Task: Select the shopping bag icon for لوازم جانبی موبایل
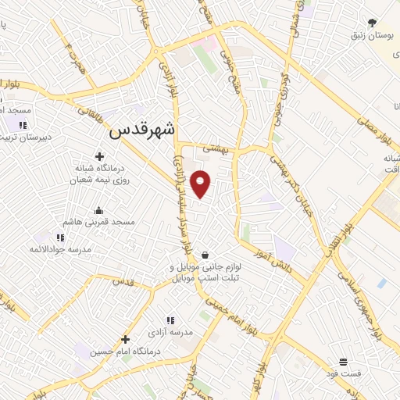[x=205, y=254]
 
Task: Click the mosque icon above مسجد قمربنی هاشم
[x=99, y=209]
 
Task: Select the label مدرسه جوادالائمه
[x=60, y=249]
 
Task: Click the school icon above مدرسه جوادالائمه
[x=60, y=237]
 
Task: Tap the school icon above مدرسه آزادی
[x=170, y=320]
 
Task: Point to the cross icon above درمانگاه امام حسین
[x=125, y=339]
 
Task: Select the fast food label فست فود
[x=344, y=373]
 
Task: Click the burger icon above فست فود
[x=344, y=361]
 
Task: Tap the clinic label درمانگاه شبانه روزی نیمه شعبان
[x=101, y=173]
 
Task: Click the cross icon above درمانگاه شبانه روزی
[x=99, y=155]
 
